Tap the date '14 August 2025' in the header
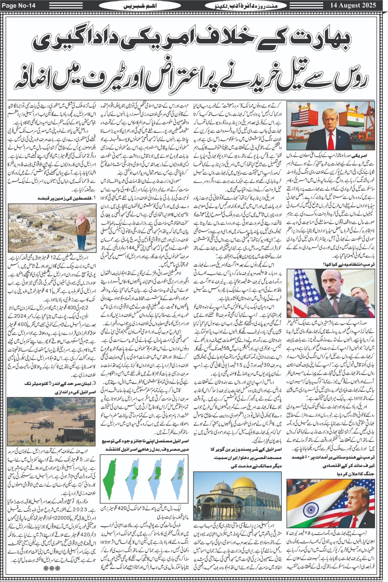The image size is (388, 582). click(353, 5)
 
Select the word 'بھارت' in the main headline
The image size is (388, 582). click(307, 39)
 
